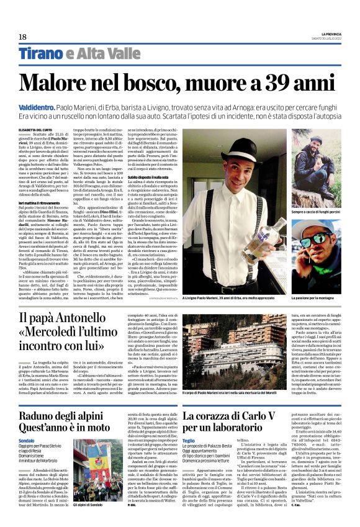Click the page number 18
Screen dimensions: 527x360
click(22, 37)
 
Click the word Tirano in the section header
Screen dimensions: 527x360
click(40, 53)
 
